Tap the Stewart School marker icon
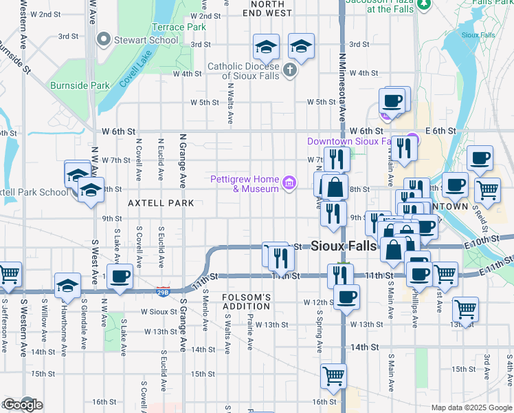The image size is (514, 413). (x=105, y=40)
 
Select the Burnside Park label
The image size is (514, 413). (x=80, y=86)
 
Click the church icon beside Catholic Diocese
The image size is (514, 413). (x=290, y=70)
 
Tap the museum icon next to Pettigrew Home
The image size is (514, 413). (x=290, y=183)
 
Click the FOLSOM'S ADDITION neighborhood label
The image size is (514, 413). (x=246, y=301)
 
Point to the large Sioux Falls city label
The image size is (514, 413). (x=344, y=246)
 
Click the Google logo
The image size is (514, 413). (x=22, y=405)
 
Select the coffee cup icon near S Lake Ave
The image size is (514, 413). (x=120, y=277)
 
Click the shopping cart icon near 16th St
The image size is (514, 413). (x=333, y=376)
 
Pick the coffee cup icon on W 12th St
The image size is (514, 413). (x=346, y=297)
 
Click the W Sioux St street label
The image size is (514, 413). (x=159, y=311)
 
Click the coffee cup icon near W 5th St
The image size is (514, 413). (x=392, y=101)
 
